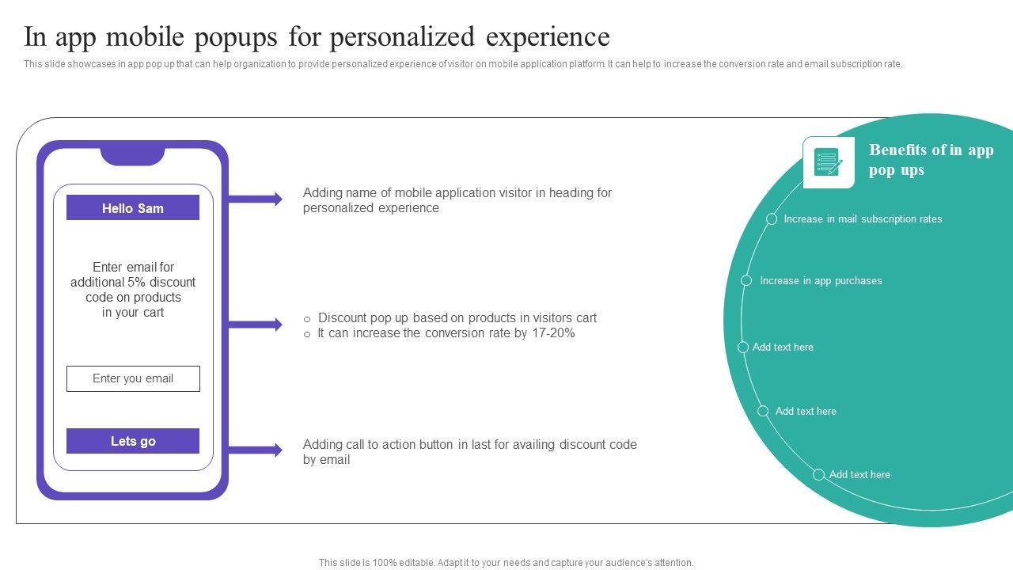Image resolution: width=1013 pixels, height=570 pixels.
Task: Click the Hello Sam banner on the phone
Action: (133, 208)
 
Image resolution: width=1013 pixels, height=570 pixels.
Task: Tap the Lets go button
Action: (133, 441)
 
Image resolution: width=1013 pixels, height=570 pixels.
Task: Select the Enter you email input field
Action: (133, 378)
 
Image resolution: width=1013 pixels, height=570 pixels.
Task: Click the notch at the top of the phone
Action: (132, 155)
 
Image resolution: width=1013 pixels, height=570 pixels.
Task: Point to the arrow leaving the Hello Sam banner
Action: (255, 199)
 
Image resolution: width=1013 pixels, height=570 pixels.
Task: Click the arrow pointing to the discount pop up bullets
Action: (255, 325)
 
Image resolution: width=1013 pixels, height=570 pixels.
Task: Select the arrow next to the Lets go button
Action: (255, 450)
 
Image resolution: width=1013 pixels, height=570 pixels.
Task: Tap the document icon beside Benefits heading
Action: (828, 162)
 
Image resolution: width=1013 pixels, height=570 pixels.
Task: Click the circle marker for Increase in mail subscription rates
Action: (772, 219)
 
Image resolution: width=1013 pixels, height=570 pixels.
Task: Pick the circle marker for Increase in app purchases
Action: (746, 280)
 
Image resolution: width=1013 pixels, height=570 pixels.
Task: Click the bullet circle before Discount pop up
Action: (307, 319)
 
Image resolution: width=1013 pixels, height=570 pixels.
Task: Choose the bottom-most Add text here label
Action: (859, 475)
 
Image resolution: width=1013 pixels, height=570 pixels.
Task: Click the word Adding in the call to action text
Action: (321, 445)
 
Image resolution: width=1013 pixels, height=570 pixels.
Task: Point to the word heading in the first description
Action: (571, 193)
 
